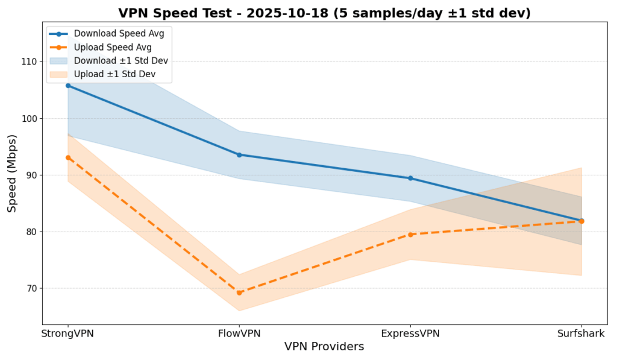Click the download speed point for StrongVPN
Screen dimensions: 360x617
click(x=67, y=85)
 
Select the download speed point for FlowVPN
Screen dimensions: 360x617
click(x=239, y=155)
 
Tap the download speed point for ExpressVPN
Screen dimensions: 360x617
click(x=410, y=178)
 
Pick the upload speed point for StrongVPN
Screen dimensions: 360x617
click(x=67, y=157)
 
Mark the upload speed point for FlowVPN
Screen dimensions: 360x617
click(x=239, y=292)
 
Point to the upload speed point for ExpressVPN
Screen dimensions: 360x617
click(x=410, y=235)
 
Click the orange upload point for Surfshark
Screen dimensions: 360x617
click(x=581, y=221)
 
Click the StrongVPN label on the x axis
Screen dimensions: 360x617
click(x=67, y=333)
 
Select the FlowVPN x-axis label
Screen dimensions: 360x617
click(x=239, y=333)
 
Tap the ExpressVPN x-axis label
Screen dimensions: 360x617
click(x=410, y=333)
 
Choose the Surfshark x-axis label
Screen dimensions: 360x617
click(x=581, y=333)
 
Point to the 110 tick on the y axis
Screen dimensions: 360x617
click(x=28, y=62)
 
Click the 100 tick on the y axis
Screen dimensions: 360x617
click(x=28, y=118)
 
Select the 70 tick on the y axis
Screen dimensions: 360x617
click(x=31, y=288)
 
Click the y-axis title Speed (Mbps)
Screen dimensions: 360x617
click(x=12, y=173)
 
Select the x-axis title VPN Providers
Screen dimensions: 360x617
click(x=324, y=347)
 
